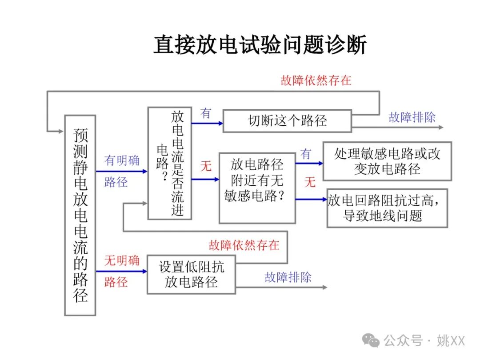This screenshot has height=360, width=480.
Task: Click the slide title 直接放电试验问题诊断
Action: click(x=260, y=46)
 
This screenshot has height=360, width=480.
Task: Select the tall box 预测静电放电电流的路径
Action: click(x=80, y=215)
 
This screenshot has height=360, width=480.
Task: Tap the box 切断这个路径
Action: click(x=287, y=121)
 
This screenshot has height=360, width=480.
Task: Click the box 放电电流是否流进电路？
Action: click(x=170, y=163)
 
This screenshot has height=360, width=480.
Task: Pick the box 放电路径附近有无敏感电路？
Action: click(x=257, y=188)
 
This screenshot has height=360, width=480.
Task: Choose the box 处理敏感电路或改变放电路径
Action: click(x=387, y=161)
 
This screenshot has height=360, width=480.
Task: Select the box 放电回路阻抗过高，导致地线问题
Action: click(x=387, y=208)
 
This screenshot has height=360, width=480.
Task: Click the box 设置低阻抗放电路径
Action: click(x=191, y=274)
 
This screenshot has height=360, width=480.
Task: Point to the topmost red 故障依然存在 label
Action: click(x=316, y=80)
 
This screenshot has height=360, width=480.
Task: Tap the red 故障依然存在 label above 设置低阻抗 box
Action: click(x=244, y=245)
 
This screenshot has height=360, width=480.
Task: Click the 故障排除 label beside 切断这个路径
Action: click(x=412, y=117)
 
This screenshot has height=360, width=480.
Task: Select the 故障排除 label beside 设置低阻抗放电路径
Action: click(x=288, y=277)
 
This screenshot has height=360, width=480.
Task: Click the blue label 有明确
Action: click(x=122, y=160)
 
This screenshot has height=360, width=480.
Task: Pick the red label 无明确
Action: click(x=122, y=260)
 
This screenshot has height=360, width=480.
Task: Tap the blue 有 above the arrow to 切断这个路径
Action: click(x=206, y=113)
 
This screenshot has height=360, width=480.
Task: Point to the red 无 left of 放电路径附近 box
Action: click(x=206, y=167)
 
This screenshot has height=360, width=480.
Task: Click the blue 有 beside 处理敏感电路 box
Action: click(x=306, y=154)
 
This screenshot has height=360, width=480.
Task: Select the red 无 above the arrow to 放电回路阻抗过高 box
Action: click(x=310, y=181)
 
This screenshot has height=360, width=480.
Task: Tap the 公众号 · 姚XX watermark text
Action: click(x=424, y=341)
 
